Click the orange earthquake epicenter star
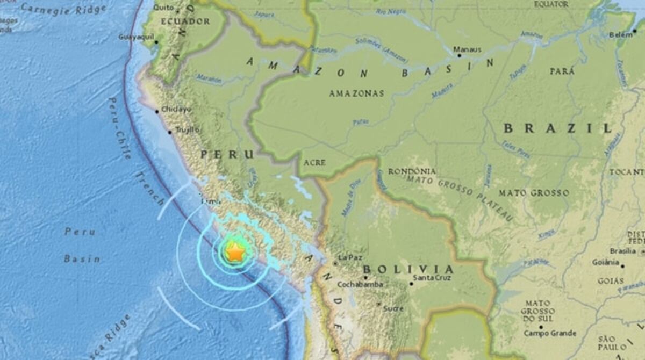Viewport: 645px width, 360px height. click(234, 251)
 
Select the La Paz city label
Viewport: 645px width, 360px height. click(350, 258)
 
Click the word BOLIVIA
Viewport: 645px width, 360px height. click(408, 269)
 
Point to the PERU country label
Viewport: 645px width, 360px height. click(227, 155)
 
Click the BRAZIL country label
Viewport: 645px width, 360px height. click(558, 128)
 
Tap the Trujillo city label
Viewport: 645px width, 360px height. click(187, 129)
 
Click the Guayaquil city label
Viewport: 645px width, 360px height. click(135, 37)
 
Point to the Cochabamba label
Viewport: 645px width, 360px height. click(360, 284)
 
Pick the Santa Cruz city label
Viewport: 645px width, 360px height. click(432, 278)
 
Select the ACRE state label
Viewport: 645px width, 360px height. click(314, 162)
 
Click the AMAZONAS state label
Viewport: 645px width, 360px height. click(356, 93)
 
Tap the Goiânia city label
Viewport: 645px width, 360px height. click(606, 262)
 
